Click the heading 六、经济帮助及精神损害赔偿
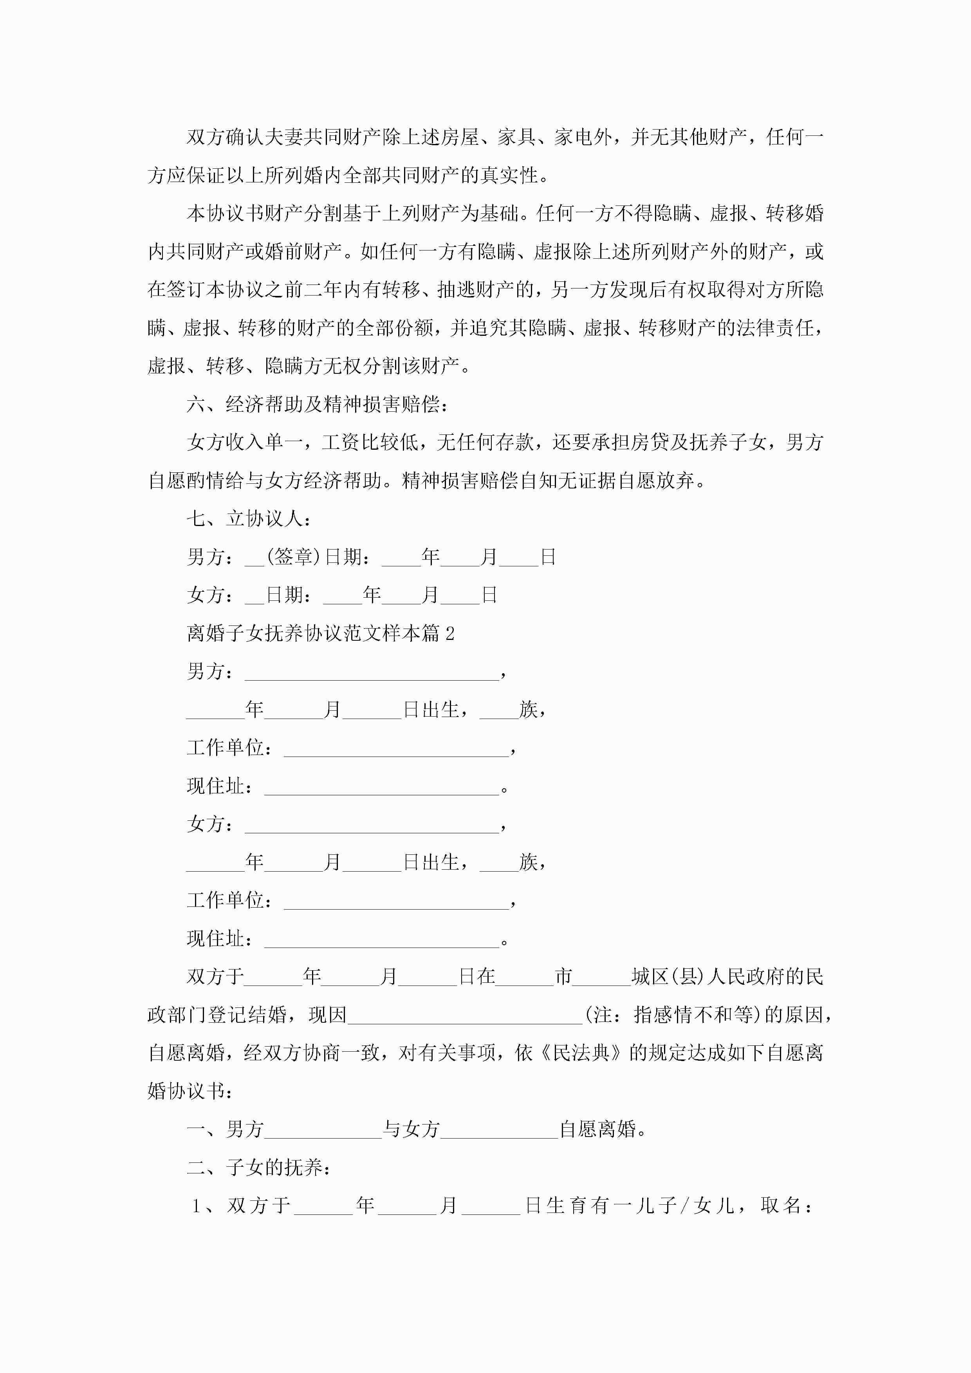[x=317, y=404]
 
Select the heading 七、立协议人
[x=248, y=519]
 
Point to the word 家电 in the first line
[x=572, y=137]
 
